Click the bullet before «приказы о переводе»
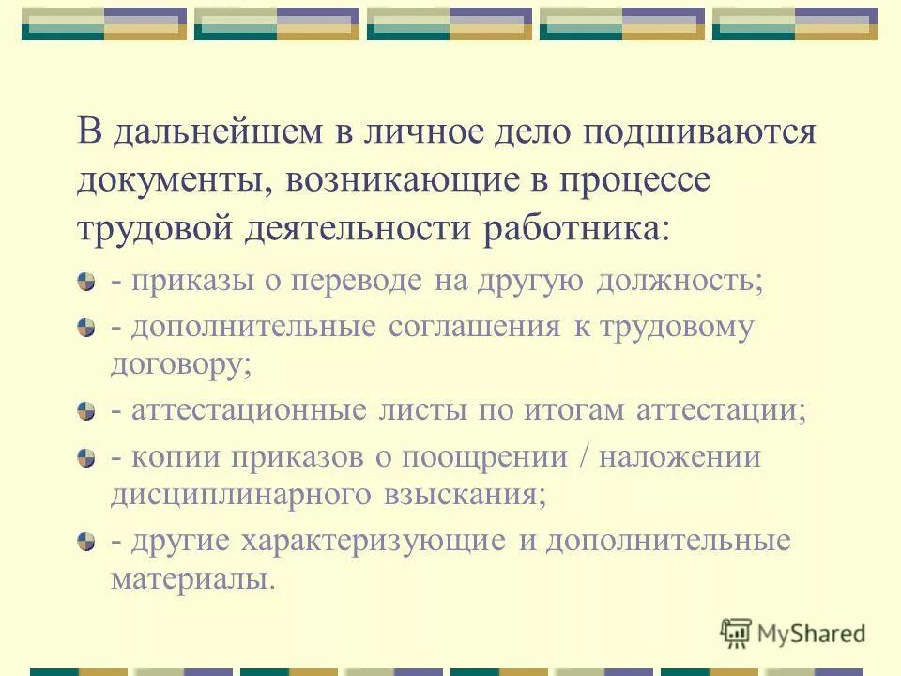[x=87, y=282]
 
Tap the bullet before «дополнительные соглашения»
[x=87, y=328]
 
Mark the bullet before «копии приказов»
[x=87, y=457]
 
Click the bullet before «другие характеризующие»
[x=87, y=542]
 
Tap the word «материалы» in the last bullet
[x=191, y=578]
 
